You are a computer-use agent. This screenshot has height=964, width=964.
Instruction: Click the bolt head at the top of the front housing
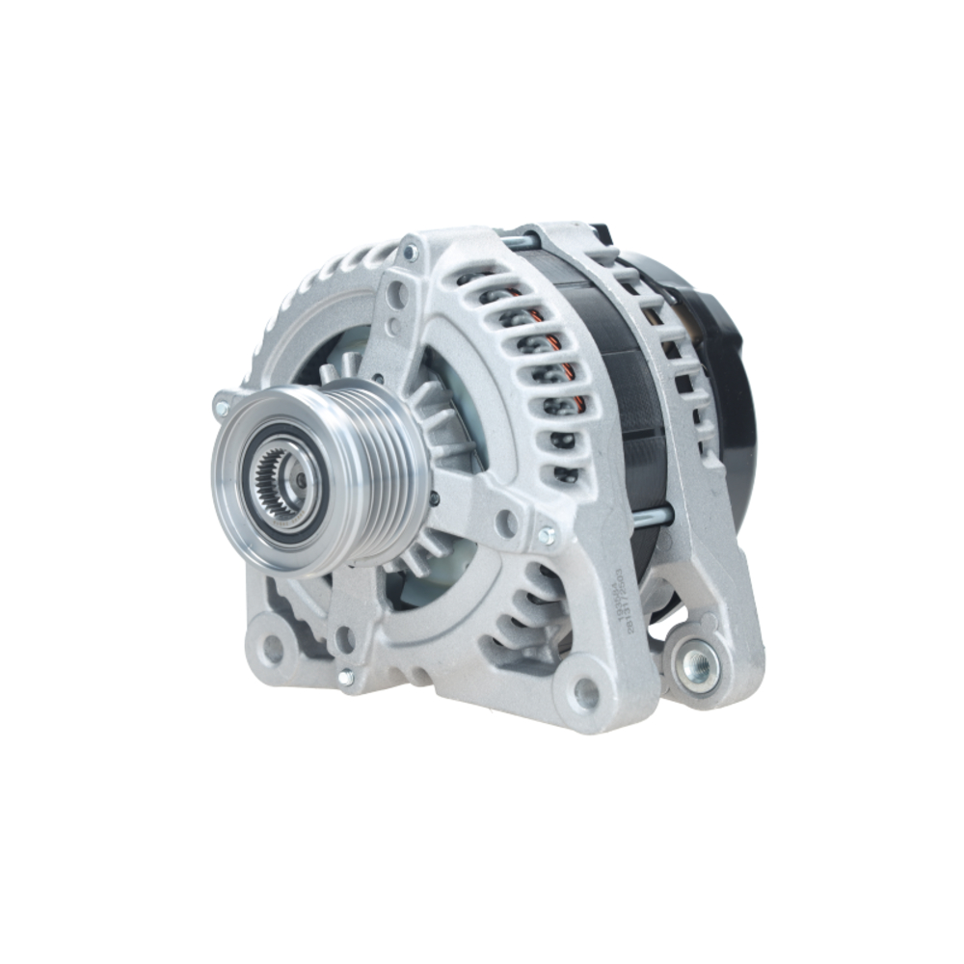(412, 253)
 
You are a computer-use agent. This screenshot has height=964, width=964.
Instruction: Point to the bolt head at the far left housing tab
(222, 408)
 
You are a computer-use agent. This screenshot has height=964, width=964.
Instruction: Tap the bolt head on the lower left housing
(346, 678)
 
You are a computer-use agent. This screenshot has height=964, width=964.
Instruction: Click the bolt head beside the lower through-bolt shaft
(547, 534)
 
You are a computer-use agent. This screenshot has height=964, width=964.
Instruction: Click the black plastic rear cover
(733, 405)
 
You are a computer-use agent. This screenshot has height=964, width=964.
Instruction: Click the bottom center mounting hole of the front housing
(586, 691)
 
